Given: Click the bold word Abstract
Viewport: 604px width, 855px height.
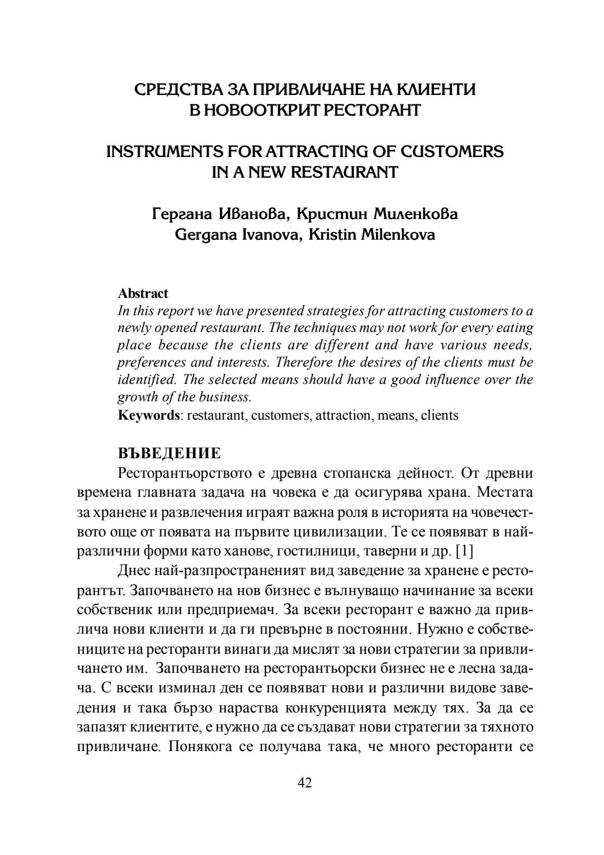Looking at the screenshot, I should point(143,293).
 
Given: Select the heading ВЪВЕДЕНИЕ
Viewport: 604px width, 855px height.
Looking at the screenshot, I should point(169,452).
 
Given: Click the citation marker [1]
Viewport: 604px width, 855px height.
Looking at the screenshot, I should point(465,552).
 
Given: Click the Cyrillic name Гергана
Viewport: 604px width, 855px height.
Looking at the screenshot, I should point(182,214).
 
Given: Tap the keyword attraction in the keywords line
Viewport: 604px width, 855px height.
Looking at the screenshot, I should point(343,415).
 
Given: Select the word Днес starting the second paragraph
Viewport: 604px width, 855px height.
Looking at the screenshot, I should point(131,571).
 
